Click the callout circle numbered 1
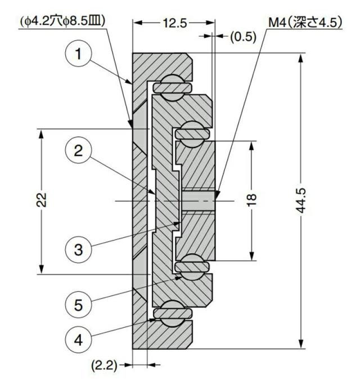point(78,53)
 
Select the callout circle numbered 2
point(78,150)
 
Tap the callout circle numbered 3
point(78,249)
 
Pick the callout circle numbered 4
point(78,340)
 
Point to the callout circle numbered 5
point(78,305)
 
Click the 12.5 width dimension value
point(175,23)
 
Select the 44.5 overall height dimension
point(301,200)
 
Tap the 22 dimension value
point(41,200)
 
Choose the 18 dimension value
point(251,200)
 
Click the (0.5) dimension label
point(243,37)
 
